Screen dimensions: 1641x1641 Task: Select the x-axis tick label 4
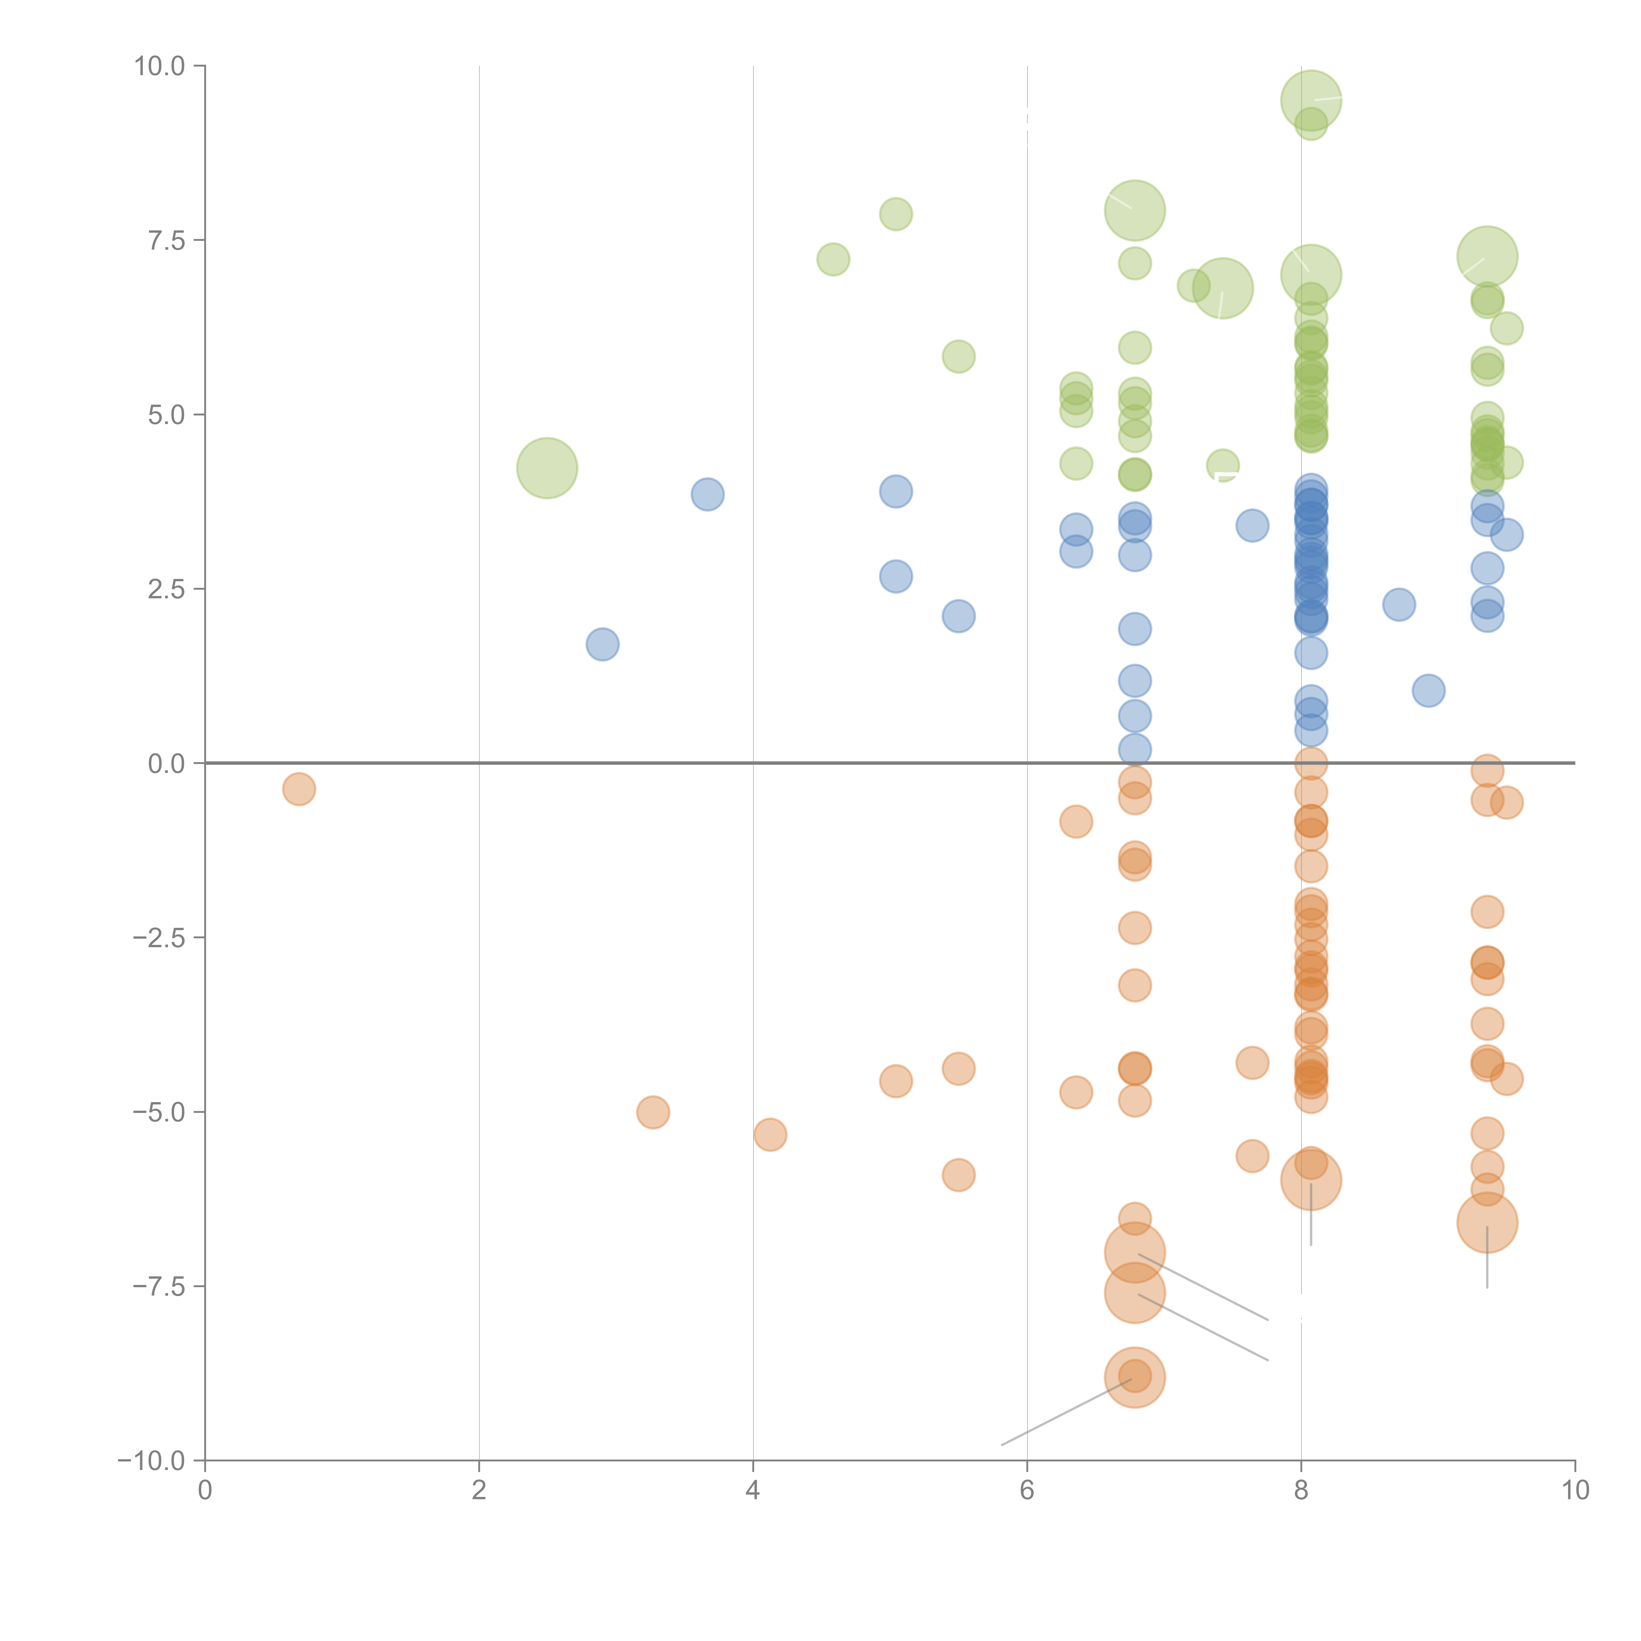point(753,1490)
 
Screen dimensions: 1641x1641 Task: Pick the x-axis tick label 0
point(205,1490)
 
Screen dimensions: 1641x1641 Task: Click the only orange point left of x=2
point(299,789)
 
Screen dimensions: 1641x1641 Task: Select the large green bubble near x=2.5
point(547,468)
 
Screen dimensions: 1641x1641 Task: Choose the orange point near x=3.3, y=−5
point(652,1112)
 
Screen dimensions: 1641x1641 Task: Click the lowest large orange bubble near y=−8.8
point(1135,1378)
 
